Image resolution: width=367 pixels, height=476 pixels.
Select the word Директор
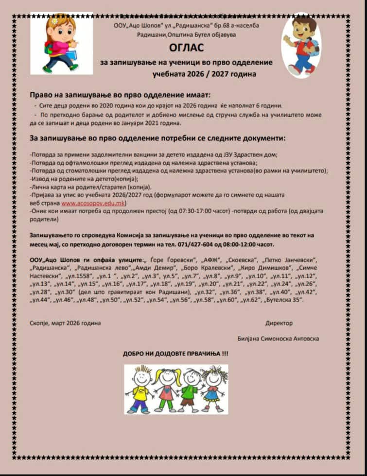279,323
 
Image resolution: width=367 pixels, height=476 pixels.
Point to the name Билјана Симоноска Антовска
279,339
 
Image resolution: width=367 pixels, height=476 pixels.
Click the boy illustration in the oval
301,45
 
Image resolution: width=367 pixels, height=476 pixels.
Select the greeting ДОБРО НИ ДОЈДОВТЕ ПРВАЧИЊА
175,354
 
